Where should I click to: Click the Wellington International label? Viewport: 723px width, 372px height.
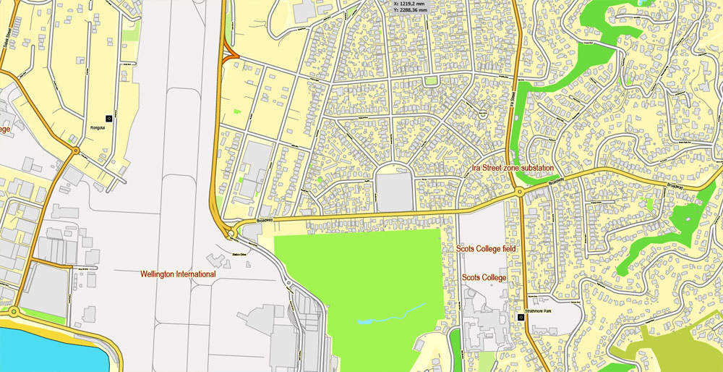(178, 274)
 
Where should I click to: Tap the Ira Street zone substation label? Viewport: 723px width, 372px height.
(509, 168)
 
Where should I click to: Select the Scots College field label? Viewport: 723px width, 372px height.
(495, 248)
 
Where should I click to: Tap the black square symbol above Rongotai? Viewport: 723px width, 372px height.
(108, 117)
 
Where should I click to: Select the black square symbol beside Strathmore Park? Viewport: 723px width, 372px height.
(521, 317)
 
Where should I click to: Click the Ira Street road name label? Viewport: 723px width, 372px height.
(511, 95)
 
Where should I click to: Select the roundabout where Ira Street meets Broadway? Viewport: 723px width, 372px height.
(520, 193)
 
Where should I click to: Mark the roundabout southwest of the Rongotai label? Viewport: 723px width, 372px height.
(75, 151)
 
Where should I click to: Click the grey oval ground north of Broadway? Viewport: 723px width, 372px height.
(394, 187)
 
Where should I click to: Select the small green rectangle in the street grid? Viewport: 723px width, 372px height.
(431, 81)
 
